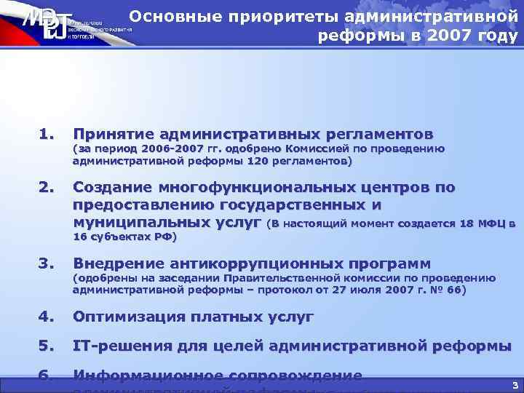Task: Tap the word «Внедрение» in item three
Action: click(x=119, y=263)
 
